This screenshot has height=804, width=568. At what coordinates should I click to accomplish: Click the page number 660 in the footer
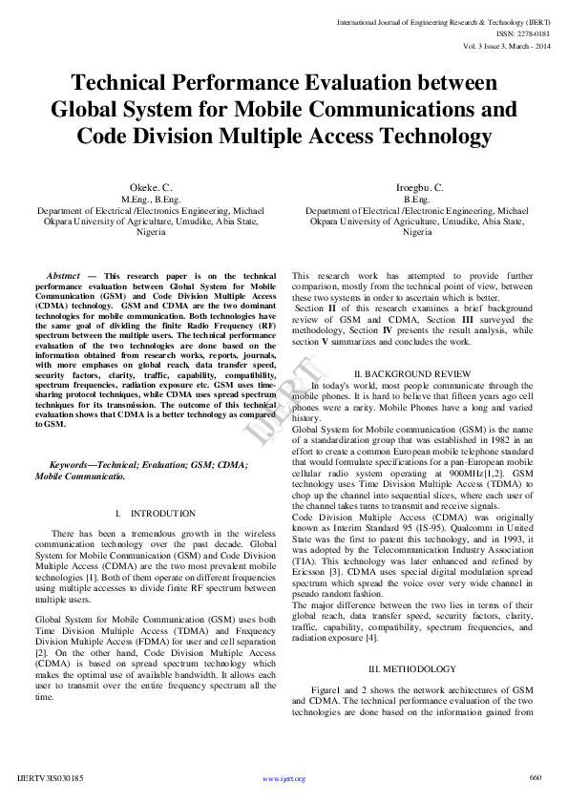[535, 777]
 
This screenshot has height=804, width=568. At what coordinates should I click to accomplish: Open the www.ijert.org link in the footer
[284, 778]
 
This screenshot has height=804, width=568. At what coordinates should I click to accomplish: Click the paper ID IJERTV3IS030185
[51, 778]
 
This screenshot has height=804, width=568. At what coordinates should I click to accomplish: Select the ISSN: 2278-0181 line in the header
[524, 32]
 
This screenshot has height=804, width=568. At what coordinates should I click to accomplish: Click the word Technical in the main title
[129, 84]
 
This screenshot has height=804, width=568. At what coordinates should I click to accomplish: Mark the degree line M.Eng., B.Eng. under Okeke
[151, 200]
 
